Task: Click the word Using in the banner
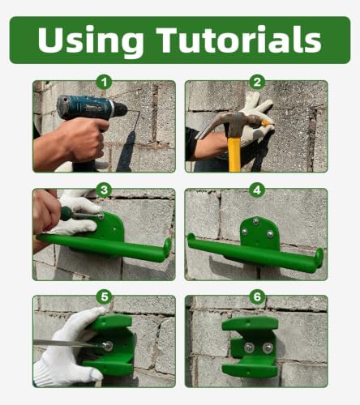click(91, 41)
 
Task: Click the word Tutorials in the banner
click(239, 40)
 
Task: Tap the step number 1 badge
click(104, 82)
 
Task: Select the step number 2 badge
click(256, 82)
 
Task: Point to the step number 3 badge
click(104, 190)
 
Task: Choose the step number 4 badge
click(256, 190)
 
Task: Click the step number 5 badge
click(104, 297)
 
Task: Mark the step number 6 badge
click(256, 297)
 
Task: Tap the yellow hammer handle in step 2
click(234, 152)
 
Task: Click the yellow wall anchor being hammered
click(266, 123)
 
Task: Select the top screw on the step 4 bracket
click(255, 221)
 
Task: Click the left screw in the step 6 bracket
click(249, 348)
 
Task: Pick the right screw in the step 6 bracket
click(268, 348)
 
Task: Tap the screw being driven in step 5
click(108, 346)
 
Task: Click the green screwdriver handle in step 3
click(66, 213)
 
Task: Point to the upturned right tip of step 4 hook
click(319, 258)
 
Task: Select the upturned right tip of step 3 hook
click(167, 247)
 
